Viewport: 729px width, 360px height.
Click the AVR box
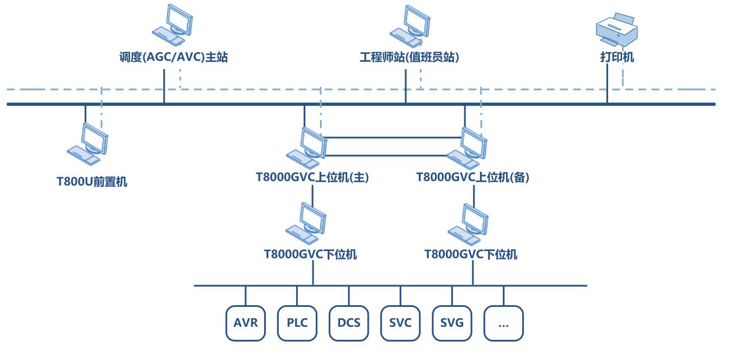point(245,324)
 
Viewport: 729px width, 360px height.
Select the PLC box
point(297,324)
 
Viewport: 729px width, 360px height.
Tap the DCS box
point(349,324)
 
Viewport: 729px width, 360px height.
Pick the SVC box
point(400,324)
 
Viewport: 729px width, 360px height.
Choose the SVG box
point(452,324)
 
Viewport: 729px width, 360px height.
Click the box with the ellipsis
point(503,324)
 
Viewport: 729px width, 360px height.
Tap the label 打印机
point(617,57)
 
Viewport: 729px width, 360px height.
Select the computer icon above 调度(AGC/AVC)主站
point(173,25)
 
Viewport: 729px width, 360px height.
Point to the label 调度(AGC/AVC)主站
point(174,57)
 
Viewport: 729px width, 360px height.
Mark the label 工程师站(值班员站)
point(409,57)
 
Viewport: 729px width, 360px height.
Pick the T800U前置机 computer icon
point(87,144)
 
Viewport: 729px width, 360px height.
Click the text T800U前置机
point(92,182)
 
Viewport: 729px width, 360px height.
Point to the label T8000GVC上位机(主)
point(312,177)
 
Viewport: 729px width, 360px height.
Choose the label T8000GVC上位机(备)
point(472,177)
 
